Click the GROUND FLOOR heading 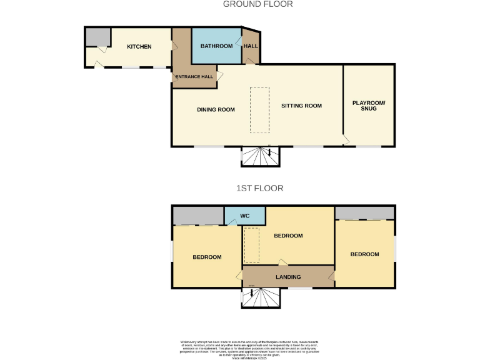[258, 4]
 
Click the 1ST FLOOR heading [259, 187]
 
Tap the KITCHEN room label [139, 47]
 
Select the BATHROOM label [216, 46]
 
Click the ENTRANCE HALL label [194, 77]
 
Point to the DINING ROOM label [216, 110]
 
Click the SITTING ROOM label [301, 106]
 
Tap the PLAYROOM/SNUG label [369, 106]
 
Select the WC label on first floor [245, 216]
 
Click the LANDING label [288, 277]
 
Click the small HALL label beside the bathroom [251, 46]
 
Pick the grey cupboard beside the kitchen [98, 37]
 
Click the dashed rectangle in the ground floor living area [259, 109]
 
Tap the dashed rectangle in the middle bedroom [251, 246]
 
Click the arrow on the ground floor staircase [269, 152]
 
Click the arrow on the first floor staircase [252, 292]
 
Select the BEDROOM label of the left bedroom [207, 257]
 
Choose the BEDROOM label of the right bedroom [364, 254]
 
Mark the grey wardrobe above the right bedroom [365, 212]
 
